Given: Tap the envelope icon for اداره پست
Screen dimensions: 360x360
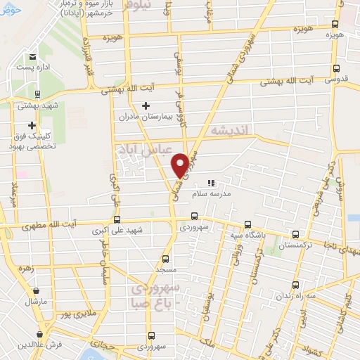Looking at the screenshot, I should coord(32,58).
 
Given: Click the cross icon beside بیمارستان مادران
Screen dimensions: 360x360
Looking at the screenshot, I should coord(146,106).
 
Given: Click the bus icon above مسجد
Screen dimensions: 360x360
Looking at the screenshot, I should coord(166,259).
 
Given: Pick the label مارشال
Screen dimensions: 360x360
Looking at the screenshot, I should coord(35,301).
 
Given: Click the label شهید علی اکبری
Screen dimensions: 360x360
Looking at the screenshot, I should coord(121,230).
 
